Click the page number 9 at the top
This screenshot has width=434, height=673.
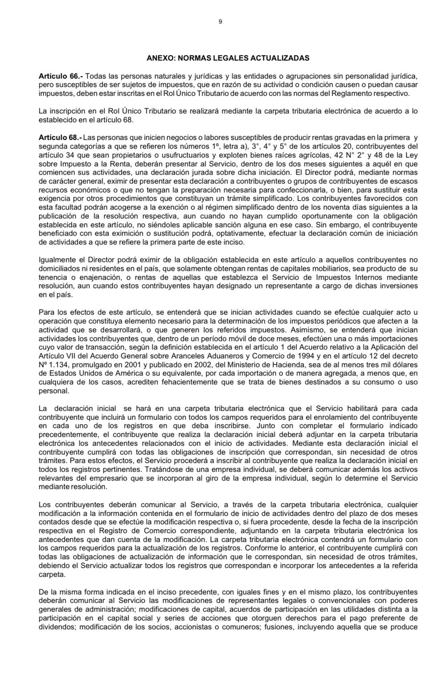220,22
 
